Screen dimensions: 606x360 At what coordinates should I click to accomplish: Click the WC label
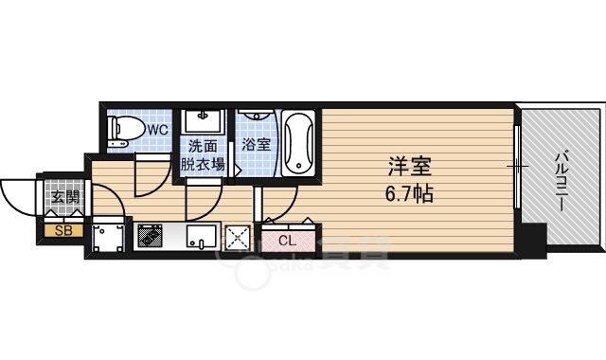coord(158,130)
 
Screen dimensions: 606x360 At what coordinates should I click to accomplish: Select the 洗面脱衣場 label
coord(203,155)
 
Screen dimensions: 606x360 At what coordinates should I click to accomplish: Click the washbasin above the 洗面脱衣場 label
coord(204,121)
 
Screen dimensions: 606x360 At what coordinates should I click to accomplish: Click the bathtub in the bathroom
coord(298,143)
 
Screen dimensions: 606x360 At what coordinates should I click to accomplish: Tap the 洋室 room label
coord(410,167)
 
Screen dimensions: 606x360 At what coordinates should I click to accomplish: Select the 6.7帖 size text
coord(409,193)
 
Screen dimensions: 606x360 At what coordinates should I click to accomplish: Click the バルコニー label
coord(562,182)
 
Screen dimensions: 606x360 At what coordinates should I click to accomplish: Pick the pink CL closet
coord(288,241)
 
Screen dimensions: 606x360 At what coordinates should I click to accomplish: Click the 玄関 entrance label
coord(65,198)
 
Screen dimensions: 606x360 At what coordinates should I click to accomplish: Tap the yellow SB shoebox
coord(63,231)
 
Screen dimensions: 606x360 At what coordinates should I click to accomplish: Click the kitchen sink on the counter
coord(202,236)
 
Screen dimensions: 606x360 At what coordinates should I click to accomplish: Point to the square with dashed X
coord(238,236)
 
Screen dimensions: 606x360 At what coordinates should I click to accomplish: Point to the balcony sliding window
coord(517,167)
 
